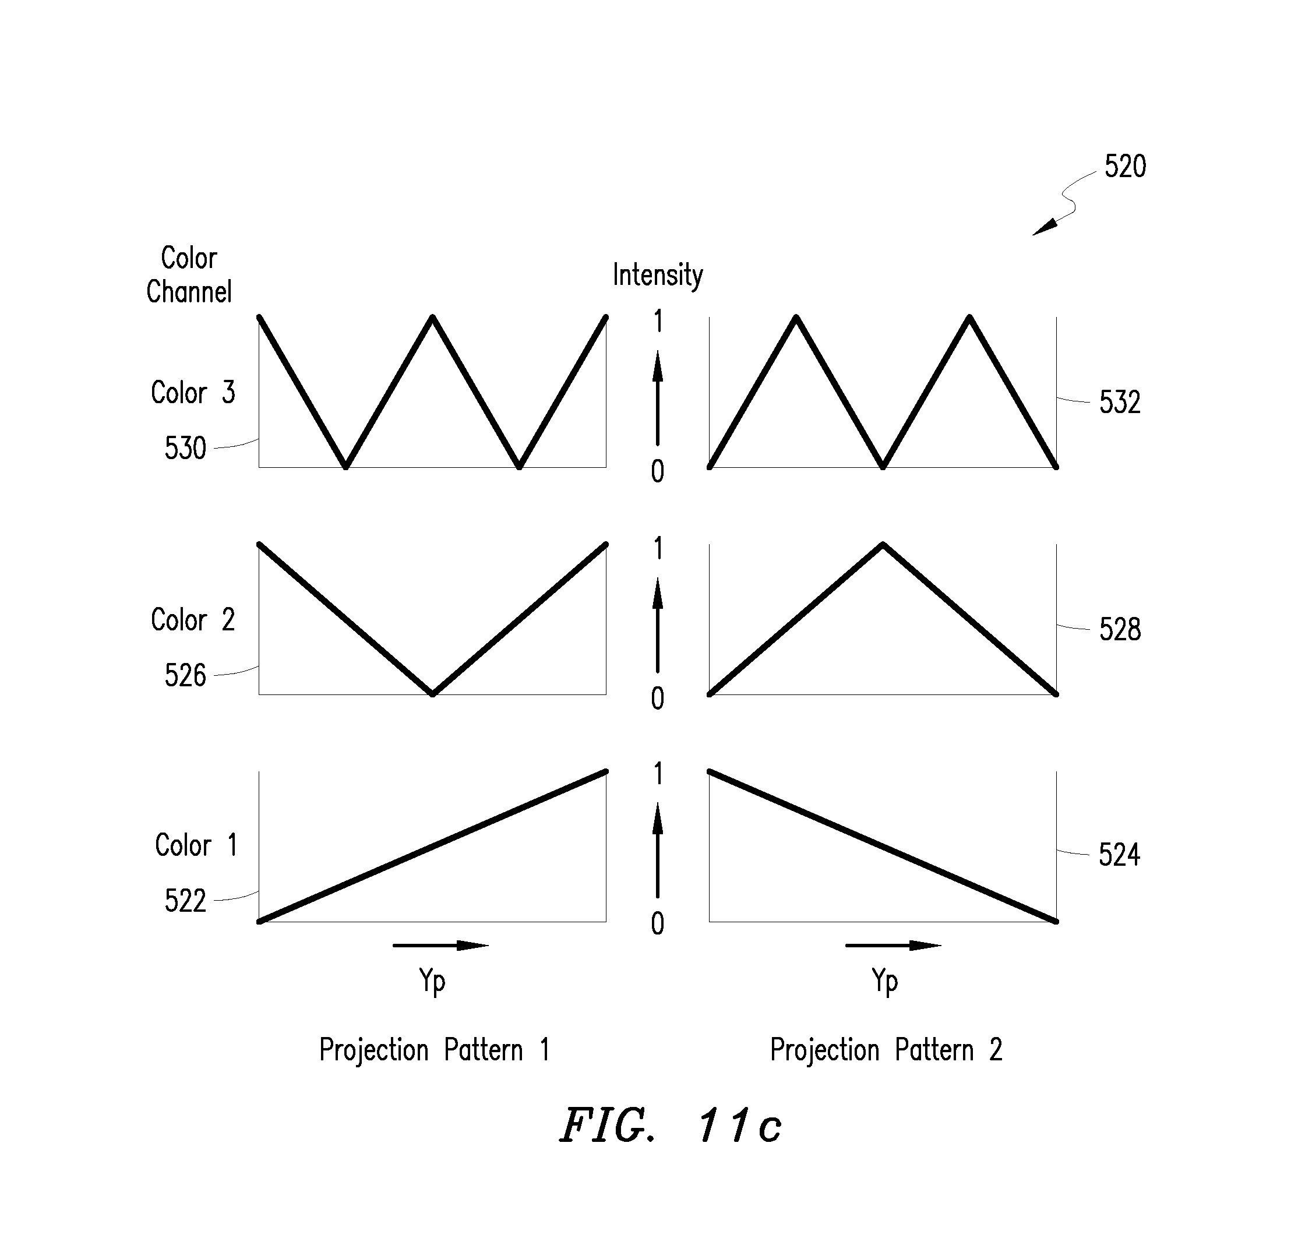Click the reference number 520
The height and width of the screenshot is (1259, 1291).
[1125, 166]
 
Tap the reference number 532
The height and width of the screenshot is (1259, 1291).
[1120, 402]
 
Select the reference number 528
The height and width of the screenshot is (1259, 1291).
[1120, 629]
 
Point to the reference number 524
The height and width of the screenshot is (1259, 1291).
[1119, 855]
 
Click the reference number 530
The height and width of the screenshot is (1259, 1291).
[185, 449]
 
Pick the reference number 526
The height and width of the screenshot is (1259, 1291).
[185, 675]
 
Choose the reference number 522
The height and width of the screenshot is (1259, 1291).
[185, 901]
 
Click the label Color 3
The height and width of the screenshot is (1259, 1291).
[193, 392]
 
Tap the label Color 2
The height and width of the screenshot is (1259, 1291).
[193, 619]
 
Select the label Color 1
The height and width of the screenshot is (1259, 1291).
[196, 845]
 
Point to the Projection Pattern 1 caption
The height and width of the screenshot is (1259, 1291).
[435, 1049]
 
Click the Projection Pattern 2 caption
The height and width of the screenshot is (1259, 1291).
[886, 1049]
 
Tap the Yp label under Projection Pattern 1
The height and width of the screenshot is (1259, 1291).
[432, 981]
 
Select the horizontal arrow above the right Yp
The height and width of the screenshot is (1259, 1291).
[893, 945]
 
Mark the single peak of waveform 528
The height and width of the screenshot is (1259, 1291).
[883, 544]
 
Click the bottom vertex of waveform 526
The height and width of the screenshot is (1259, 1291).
[432, 694]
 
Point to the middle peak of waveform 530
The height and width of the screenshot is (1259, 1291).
[432, 318]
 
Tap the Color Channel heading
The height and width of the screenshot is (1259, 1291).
[189, 275]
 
